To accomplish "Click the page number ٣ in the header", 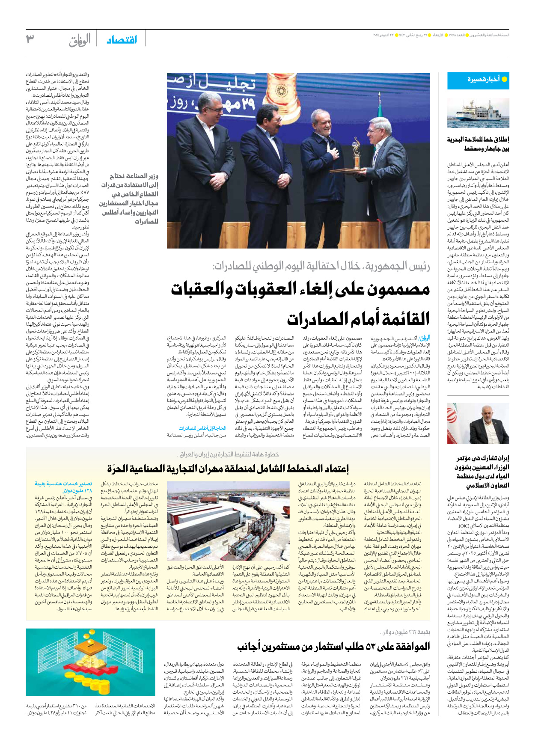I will pyautogui.click(x=30, y=39).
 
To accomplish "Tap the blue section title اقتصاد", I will pyautogui.click(x=122, y=40).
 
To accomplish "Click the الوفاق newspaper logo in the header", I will pyautogui.click(x=80, y=40).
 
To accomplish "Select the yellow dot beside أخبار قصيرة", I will pyautogui.click(x=504, y=79).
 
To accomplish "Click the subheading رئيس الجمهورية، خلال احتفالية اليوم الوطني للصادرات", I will pyautogui.click(x=321, y=266).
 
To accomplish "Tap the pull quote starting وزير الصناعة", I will pyautogui.click(x=129, y=199).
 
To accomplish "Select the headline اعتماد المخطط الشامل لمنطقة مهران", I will pyautogui.click(x=228, y=468).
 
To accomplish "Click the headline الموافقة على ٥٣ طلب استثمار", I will pyautogui.click(x=333, y=647).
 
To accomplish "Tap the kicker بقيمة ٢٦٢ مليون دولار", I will pyautogui.click(x=405, y=632).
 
